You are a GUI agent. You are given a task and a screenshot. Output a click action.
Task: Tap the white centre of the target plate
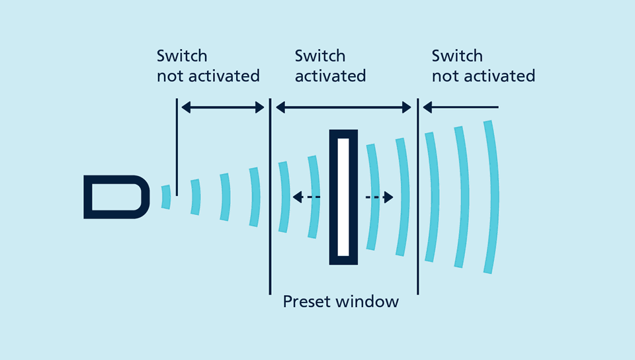coord(343,197)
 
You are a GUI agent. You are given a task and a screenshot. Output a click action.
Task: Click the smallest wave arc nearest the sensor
coord(166,197)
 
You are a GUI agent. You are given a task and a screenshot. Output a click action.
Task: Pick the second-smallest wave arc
coord(195,197)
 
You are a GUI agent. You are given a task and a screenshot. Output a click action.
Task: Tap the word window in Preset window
coord(367,302)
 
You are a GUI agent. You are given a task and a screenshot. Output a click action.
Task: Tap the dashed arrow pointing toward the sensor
coord(306,197)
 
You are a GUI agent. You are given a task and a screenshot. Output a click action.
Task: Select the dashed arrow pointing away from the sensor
coord(380,197)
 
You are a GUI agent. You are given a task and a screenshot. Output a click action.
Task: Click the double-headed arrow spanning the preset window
coord(344,107)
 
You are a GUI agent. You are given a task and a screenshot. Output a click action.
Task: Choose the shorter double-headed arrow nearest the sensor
coord(223,107)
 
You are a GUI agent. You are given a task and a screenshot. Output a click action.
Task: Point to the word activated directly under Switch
coord(330,76)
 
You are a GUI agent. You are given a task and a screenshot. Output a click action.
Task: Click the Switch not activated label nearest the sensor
coord(208,66)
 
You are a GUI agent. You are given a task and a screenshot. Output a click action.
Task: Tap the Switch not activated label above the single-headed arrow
coord(483,66)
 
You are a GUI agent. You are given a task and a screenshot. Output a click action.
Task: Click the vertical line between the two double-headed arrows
coord(270,199)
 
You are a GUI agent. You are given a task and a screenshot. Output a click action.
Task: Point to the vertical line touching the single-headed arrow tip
coord(417,199)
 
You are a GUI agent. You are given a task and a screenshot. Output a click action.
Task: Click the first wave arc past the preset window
coord(431,197)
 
